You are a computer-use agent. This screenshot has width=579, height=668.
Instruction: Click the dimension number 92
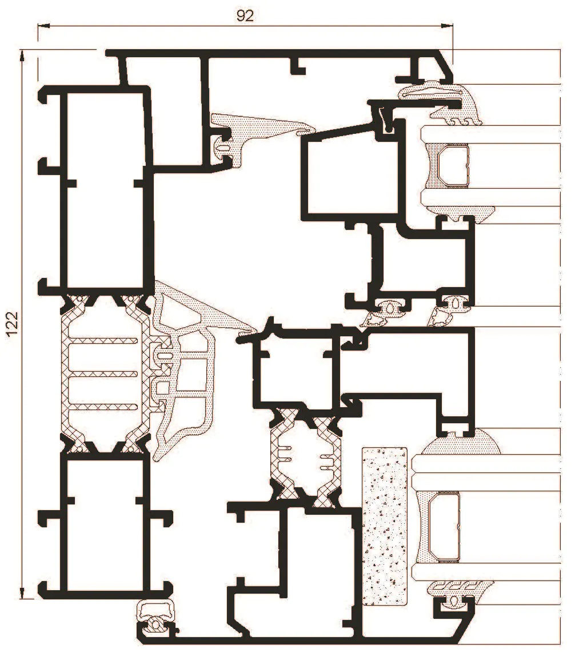245,16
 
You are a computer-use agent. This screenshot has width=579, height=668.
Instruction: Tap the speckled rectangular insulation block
385,526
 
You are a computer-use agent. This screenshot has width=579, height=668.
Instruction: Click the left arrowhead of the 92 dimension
44,26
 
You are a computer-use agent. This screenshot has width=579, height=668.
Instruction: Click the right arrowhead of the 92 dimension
446,26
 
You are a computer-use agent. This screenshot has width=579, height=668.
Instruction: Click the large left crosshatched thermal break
105,373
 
